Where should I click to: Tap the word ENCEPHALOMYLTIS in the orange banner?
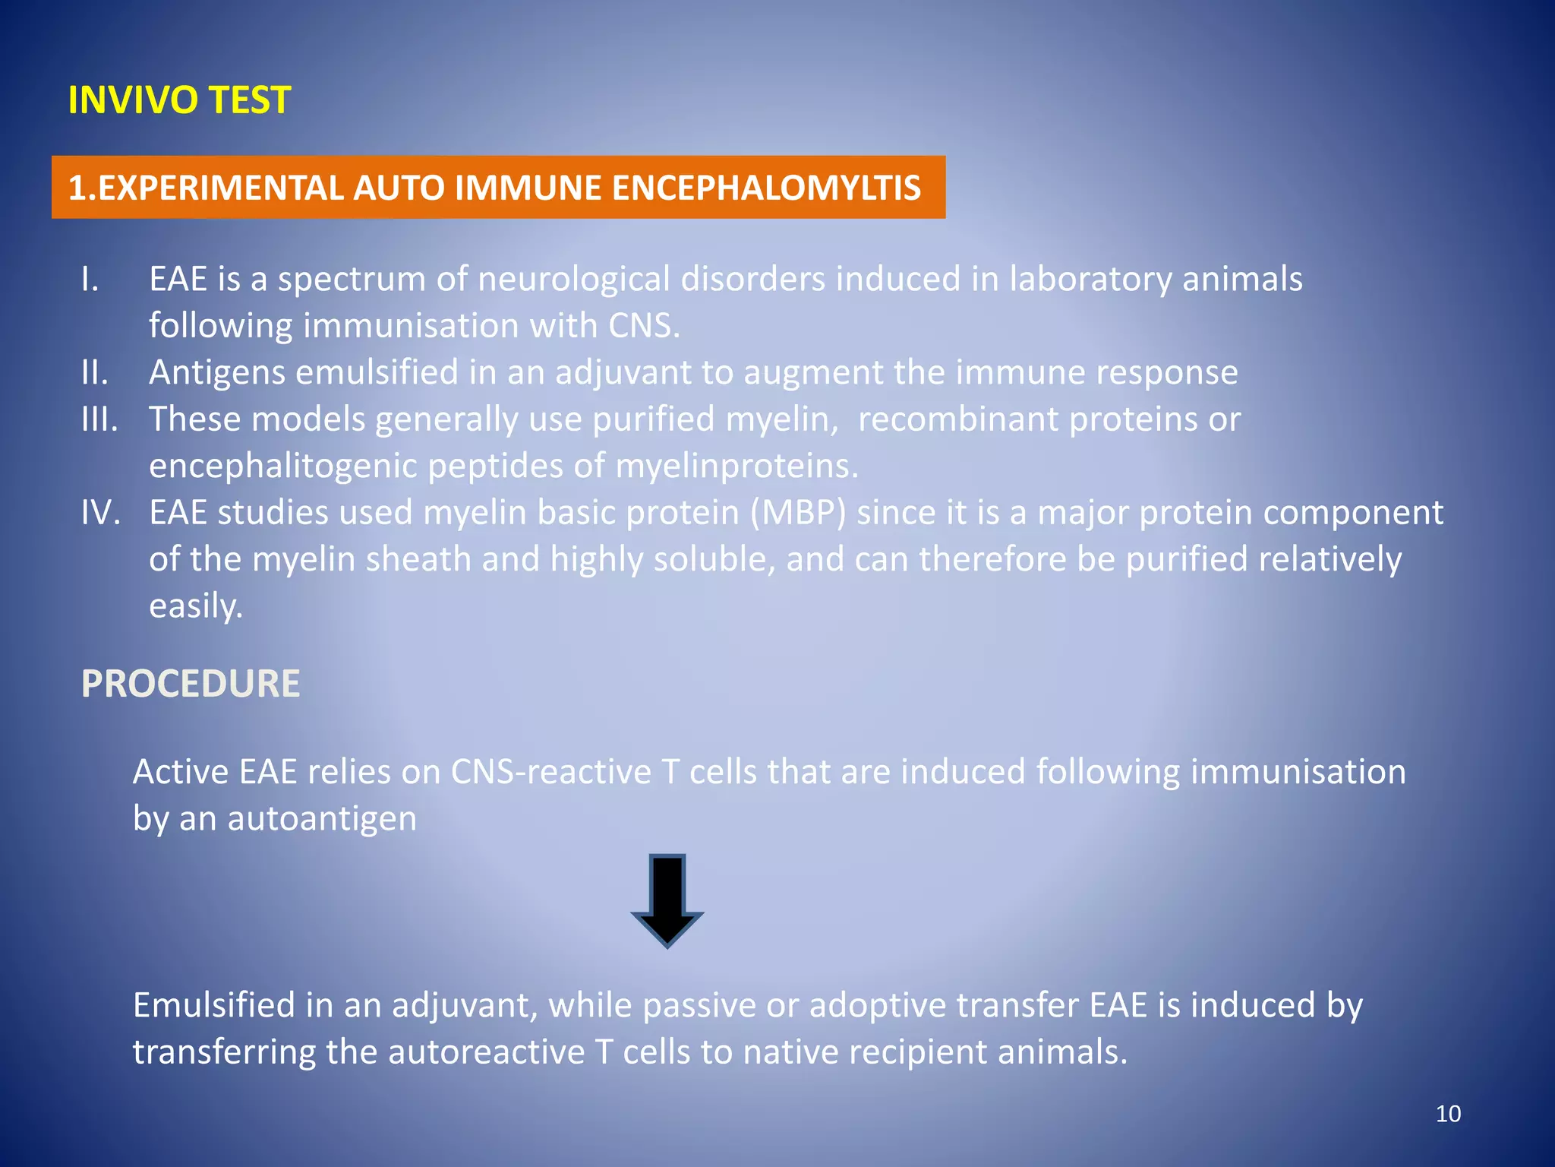pyautogui.click(x=766, y=188)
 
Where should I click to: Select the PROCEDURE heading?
pyautogui.click(x=191, y=683)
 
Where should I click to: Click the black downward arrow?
pyautogui.click(x=667, y=901)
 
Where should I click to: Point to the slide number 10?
pyautogui.click(x=1448, y=1114)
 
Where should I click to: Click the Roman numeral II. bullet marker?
pyautogui.click(x=95, y=372)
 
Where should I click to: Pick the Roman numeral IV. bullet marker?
pyautogui.click(x=100, y=512)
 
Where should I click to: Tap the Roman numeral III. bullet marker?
pyautogui.click(x=99, y=419)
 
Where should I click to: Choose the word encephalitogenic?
pyautogui.click(x=282, y=466)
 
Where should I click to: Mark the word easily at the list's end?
pyautogui.click(x=195, y=606)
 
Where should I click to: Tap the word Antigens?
pyautogui.click(x=217, y=372)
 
